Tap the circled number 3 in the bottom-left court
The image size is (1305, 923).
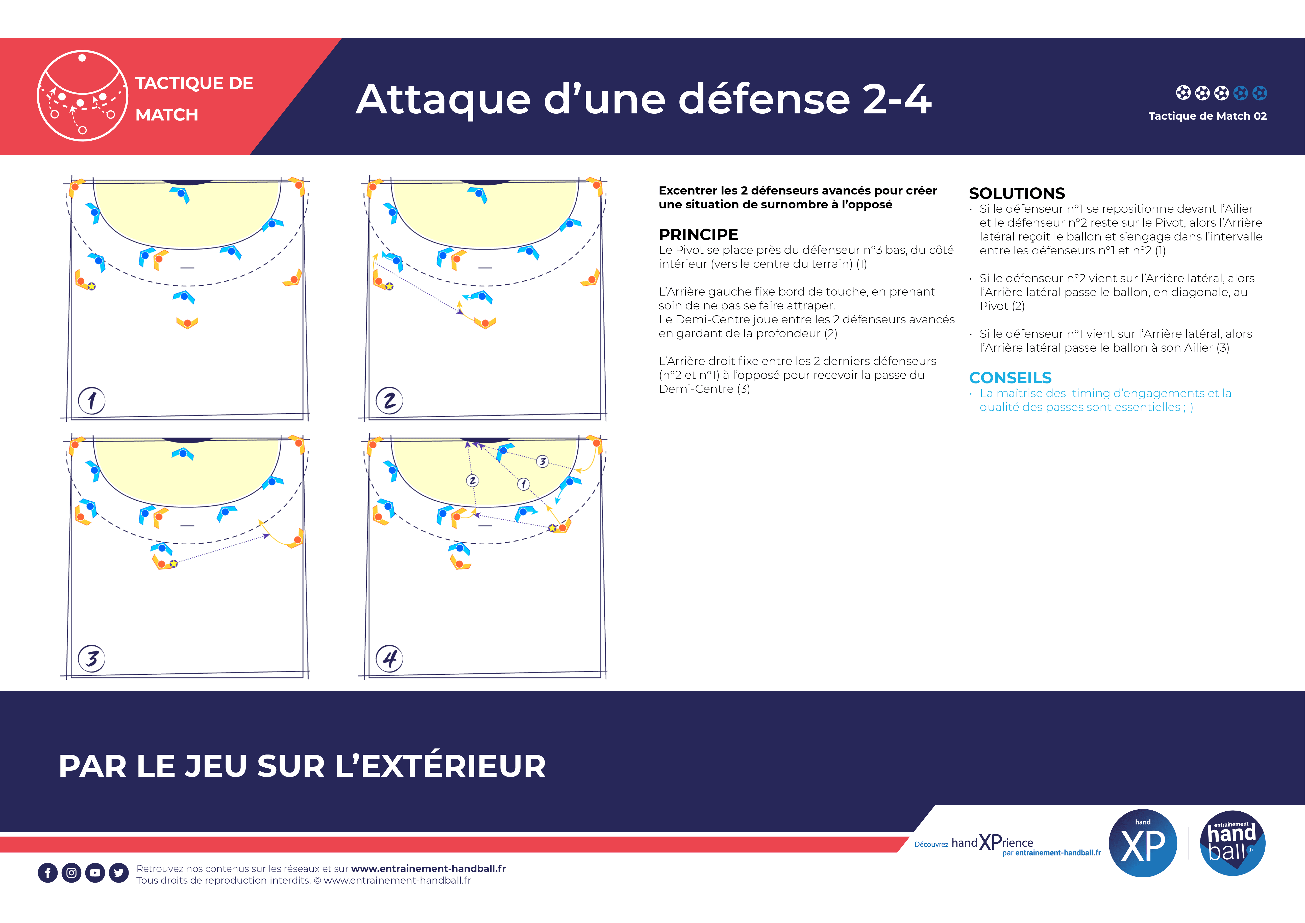(x=91, y=659)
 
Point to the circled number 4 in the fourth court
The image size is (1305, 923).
(x=389, y=659)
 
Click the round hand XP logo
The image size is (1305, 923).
(x=1142, y=843)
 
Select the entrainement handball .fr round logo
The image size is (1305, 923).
(x=1232, y=843)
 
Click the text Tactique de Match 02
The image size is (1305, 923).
(x=1207, y=116)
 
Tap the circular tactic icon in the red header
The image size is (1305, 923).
(x=82, y=95)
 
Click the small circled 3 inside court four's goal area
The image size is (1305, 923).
(x=542, y=461)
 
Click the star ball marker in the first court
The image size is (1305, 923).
(x=91, y=286)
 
